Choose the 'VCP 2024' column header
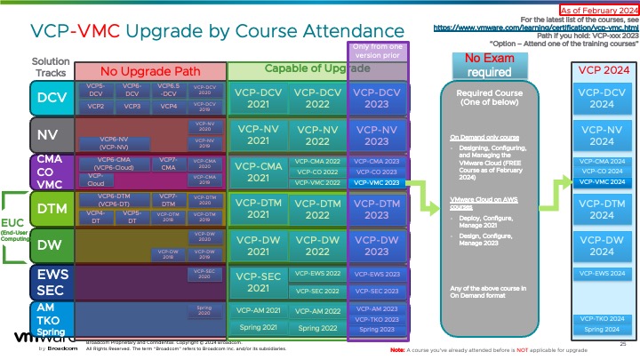(x=602, y=68)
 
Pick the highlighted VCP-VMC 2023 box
(x=377, y=181)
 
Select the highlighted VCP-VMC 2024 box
(x=602, y=181)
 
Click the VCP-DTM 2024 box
(x=602, y=210)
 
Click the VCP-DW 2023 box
(x=377, y=245)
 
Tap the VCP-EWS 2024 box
(x=602, y=272)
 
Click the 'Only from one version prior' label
(x=378, y=50)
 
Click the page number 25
(x=623, y=342)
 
